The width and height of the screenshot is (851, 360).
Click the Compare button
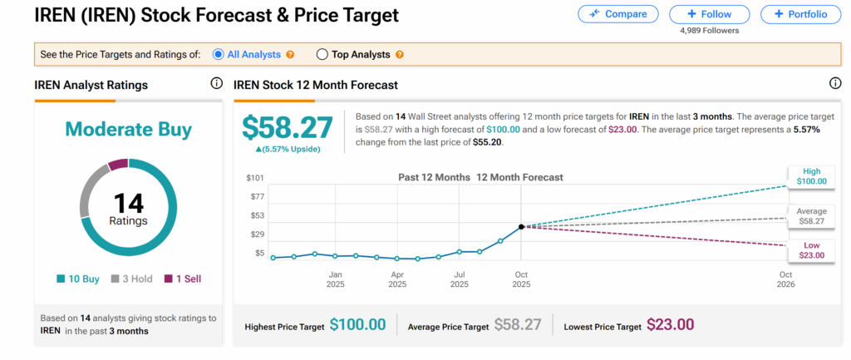[617, 14]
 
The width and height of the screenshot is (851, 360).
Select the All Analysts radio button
[219, 55]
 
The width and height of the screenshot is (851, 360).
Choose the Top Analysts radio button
[322, 55]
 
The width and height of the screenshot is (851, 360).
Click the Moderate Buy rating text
[128, 130]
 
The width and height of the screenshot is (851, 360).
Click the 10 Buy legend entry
[80, 279]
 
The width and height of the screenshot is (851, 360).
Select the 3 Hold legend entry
[131, 279]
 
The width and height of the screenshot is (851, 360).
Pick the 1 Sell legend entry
[182, 279]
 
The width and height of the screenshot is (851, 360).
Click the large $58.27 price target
[287, 127]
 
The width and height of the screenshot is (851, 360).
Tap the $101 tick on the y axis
[256, 178]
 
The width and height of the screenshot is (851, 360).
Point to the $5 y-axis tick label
[259, 253]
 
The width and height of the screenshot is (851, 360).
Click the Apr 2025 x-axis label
[398, 279]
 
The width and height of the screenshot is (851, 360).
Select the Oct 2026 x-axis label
[785, 279]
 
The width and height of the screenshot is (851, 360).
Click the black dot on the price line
[521, 226]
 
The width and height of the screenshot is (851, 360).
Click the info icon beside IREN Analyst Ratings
[216, 84]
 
